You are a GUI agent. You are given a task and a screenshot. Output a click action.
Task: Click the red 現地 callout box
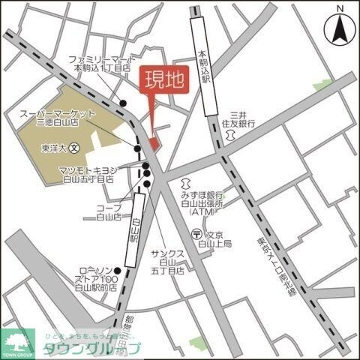pyautogui.click(x=163, y=80)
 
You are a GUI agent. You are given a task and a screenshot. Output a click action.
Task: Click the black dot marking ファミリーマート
pyautogui.click(x=125, y=103)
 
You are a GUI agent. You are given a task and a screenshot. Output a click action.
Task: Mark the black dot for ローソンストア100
pyautogui.click(x=117, y=270)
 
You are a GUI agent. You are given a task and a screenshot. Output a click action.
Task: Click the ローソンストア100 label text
pyautogui.click(x=97, y=278)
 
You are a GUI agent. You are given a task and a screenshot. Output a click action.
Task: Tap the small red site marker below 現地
pyautogui.click(x=154, y=142)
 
